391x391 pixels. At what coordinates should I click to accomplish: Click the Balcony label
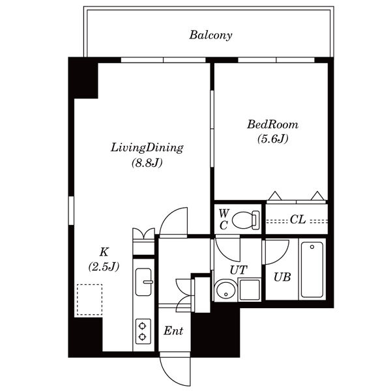(210, 35)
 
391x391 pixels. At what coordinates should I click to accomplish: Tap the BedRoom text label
(272, 124)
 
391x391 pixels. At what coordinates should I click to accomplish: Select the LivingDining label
(147, 148)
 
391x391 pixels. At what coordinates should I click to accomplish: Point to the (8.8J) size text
(147, 163)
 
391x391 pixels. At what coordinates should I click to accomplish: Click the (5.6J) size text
(273, 139)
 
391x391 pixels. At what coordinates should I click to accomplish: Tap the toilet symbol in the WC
(246, 220)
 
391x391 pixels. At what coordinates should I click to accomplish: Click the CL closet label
(298, 220)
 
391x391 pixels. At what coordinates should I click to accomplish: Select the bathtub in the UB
(312, 270)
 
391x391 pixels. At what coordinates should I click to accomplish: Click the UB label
(282, 277)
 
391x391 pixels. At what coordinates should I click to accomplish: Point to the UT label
(239, 270)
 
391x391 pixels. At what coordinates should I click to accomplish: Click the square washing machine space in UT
(250, 290)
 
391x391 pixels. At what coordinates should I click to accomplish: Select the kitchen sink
(143, 282)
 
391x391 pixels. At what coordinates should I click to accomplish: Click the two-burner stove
(143, 332)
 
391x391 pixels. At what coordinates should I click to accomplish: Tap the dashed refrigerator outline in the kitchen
(89, 299)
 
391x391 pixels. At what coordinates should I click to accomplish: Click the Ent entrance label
(173, 331)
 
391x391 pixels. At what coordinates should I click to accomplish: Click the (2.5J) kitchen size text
(104, 267)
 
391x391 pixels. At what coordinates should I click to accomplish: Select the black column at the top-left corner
(83, 78)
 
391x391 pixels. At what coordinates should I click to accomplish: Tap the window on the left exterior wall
(71, 210)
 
